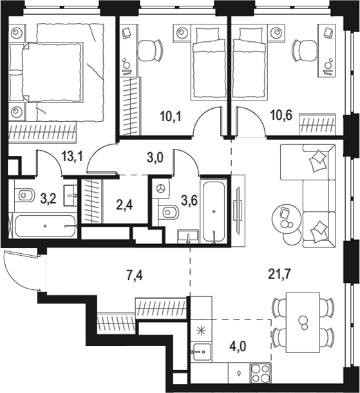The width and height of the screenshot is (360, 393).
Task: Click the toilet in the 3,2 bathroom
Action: tap(25, 194)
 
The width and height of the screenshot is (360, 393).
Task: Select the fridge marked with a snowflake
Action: tap(202, 332)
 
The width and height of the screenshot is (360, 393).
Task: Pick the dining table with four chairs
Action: tap(302, 320)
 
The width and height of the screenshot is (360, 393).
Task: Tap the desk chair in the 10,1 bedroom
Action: tap(150, 48)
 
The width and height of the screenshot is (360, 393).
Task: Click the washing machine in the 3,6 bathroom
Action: tap(160, 187)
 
